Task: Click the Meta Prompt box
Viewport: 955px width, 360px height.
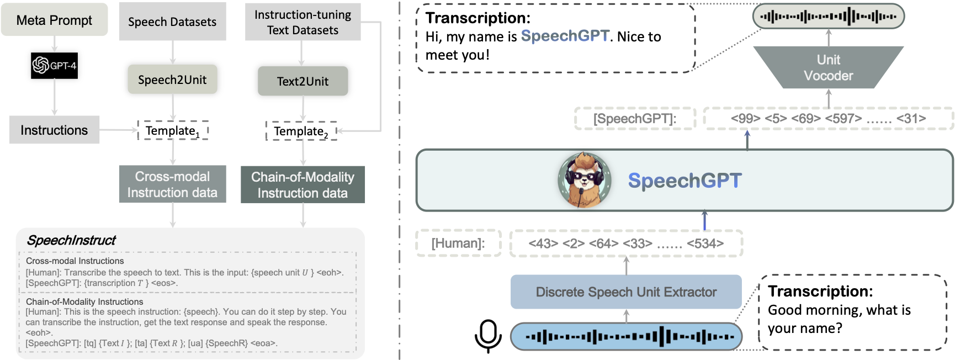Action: click(x=54, y=20)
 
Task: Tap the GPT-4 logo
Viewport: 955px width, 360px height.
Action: click(x=54, y=66)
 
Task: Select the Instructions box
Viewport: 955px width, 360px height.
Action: click(x=54, y=130)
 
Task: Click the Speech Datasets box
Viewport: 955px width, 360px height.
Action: click(x=172, y=22)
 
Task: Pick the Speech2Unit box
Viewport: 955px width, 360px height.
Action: click(x=172, y=80)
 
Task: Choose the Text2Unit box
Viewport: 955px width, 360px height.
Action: click(x=303, y=82)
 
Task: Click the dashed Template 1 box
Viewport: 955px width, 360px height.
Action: click(x=173, y=131)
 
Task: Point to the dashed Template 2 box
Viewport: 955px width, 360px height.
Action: click(x=301, y=131)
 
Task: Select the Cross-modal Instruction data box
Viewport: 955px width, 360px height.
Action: click(x=172, y=184)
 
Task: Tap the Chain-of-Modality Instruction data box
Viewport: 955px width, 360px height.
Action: click(x=303, y=185)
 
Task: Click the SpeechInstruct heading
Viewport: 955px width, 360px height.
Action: click(x=71, y=240)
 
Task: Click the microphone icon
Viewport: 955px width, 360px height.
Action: click(x=488, y=335)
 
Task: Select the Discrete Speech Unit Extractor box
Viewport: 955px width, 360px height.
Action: click(x=626, y=292)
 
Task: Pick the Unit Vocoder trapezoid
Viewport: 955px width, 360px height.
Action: click(x=828, y=68)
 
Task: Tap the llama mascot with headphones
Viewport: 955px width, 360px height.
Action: click(x=585, y=181)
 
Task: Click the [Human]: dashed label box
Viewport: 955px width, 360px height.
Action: click(x=458, y=243)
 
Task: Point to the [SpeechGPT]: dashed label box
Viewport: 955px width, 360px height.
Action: click(x=635, y=119)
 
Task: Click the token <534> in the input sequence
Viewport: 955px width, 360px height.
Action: click(x=705, y=243)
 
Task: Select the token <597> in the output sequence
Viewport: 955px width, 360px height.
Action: click(x=843, y=119)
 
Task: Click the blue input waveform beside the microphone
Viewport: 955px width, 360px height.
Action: click(x=626, y=336)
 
